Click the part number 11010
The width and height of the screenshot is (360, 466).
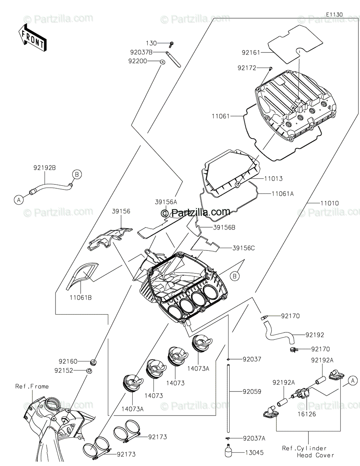[329, 203]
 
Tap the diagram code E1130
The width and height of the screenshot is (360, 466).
[334, 14]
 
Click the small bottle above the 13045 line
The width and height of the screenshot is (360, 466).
[229, 452]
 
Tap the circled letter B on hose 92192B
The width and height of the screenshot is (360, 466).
[77, 175]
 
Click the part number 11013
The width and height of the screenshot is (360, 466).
[273, 179]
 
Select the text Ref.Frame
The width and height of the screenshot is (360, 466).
[32, 386]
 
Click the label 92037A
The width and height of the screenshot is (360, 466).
[254, 438]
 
